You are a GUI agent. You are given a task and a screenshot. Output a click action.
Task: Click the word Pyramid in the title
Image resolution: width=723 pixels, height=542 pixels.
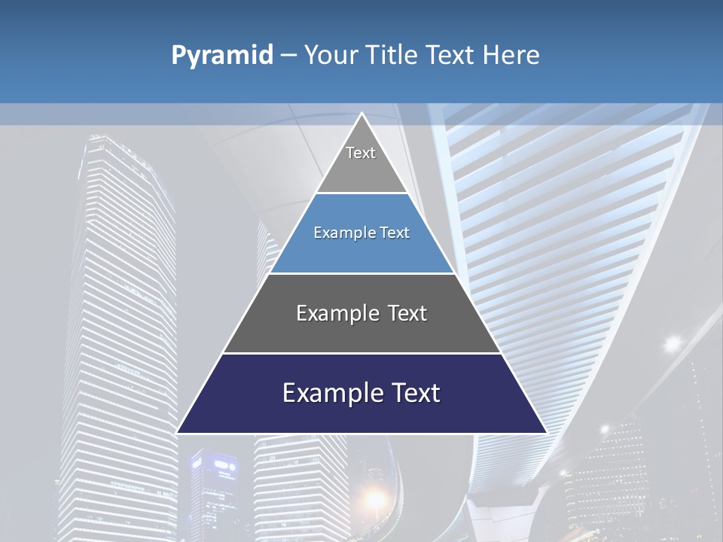click(222, 55)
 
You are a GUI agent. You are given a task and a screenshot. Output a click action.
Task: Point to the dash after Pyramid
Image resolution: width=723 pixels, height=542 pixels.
click(288, 55)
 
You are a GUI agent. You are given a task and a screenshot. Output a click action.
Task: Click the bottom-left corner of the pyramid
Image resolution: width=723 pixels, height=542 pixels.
click(178, 432)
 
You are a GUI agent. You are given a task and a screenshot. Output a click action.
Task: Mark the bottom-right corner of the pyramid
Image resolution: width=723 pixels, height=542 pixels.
click(545, 432)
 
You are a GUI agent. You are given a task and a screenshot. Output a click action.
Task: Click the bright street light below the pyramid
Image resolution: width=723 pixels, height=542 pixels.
click(374, 498)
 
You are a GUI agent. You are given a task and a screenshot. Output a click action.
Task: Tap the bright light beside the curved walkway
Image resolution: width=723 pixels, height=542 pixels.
click(671, 343)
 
